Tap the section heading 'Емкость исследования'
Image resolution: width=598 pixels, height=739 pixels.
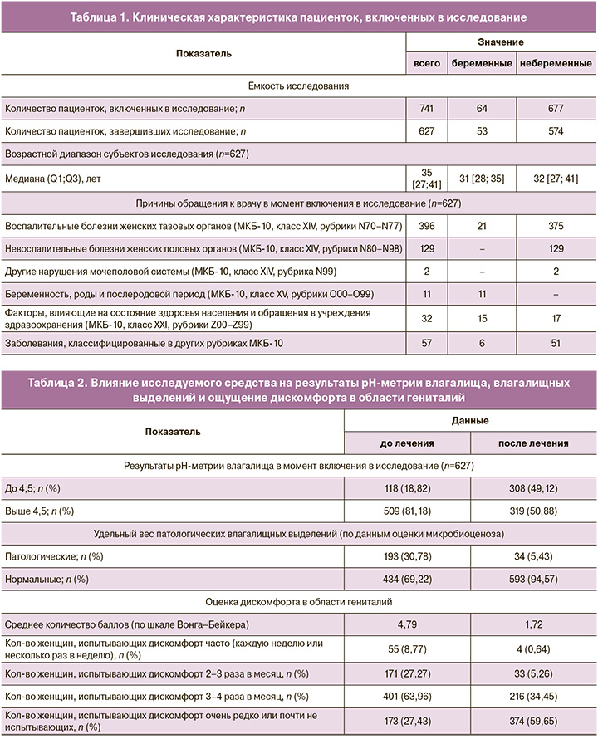pyautogui.click(x=299, y=86)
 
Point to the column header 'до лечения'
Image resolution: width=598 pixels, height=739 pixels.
pyautogui.click(x=406, y=443)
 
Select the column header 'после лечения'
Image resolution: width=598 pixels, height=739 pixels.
pyautogui.click(x=534, y=443)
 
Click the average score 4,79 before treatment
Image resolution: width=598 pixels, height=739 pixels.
pyautogui.click(x=406, y=623)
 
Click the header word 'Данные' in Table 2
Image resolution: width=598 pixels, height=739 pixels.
pyautogui.click(x=469, y=421)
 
